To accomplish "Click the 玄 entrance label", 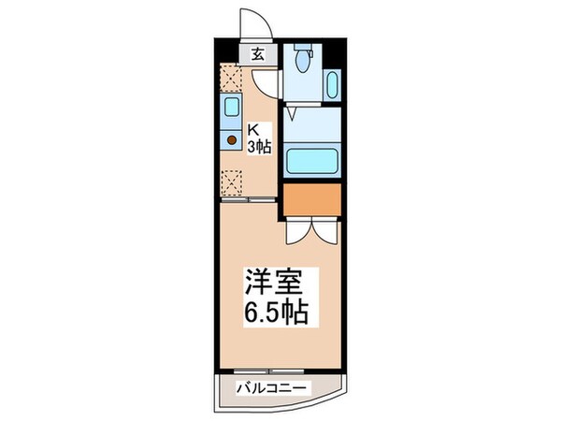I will tap(256, 54).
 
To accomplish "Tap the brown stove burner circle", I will tap(231, 141).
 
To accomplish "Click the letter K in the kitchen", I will tap(252, 130).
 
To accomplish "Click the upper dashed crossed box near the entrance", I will tap(231, 76).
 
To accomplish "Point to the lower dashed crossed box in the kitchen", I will tap(231, 181).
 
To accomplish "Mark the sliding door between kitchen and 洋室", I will tap(249, 200).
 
